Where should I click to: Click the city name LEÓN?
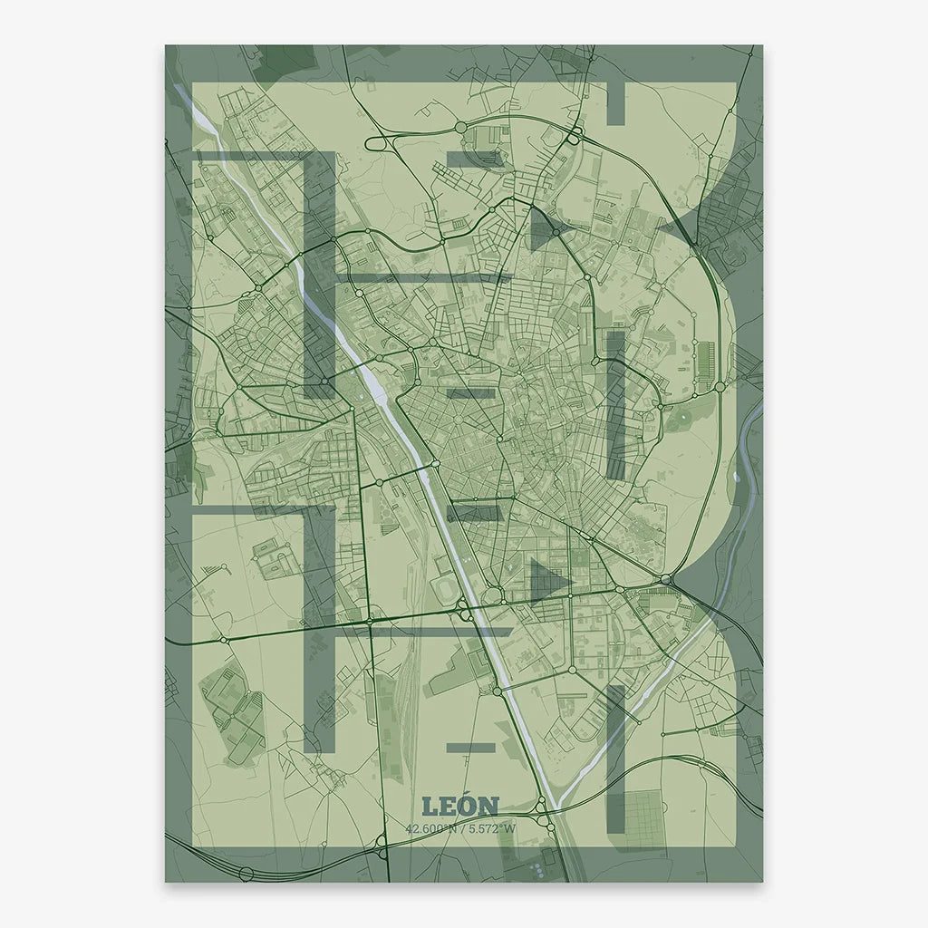click(x=460, y=806)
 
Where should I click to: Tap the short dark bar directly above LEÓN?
click(x=471, y=748)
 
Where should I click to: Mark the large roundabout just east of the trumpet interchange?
click(x=460, y=128)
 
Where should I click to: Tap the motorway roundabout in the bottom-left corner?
click(x=246, y=872)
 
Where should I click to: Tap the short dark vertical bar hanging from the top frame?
click(x=615, y=102)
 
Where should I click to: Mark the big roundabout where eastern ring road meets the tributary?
click(x=667, y=579)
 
